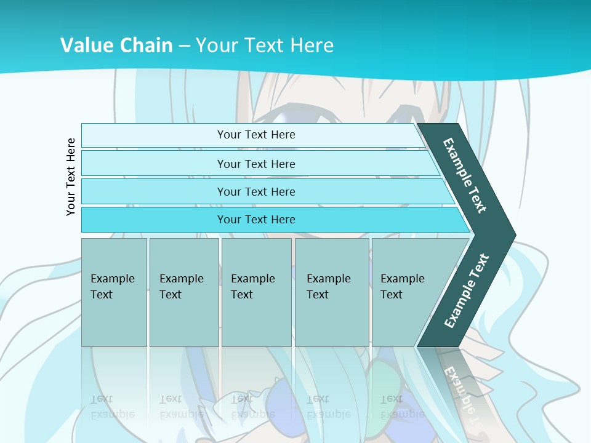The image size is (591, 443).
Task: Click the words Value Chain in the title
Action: [x=116, y=46]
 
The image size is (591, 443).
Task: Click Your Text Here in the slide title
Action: [x=265, y=46]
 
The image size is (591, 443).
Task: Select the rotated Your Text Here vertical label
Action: [x=71, y=177]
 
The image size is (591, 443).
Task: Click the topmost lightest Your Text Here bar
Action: [x=255, y=135]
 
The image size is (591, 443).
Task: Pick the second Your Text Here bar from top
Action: [x=255, y=164]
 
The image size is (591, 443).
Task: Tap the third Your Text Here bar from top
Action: [x=255, y=191]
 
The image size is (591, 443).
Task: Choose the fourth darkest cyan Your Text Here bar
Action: [x=255, y=220]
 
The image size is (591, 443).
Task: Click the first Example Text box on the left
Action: [x=113, y=292]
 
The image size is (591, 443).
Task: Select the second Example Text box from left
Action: [x=183, y=292]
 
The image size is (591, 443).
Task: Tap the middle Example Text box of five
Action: [x=256, y=292]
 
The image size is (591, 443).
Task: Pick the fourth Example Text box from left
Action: [x=332, y=292]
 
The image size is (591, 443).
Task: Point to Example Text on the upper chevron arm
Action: [x=465, y=175]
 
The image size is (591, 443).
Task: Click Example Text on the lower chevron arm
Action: [x=466, y=291]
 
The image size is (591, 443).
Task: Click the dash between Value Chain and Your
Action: [x=184, y=46]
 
